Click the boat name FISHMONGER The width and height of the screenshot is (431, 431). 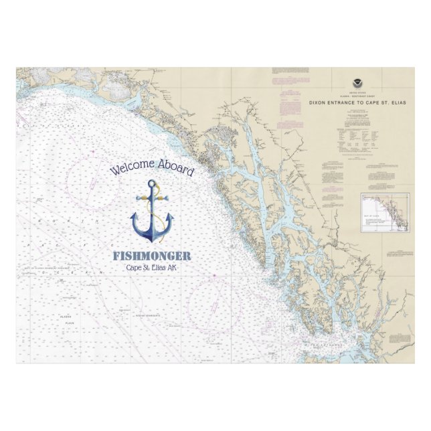[152, 256]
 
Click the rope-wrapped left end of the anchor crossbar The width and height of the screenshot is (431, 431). [138, 198]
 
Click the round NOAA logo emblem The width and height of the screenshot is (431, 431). [355, 84]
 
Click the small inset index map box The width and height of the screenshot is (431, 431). [385, 211]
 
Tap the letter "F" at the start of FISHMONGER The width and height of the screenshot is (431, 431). [116, 256]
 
